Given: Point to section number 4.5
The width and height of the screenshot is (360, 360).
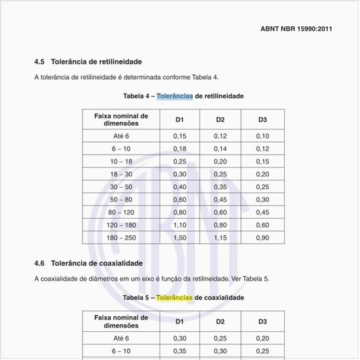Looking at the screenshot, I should tap(39, 62).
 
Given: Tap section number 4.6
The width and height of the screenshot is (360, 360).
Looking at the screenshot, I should tap(39, 263).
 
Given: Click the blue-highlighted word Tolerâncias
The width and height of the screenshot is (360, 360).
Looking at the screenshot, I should tap(175, 96).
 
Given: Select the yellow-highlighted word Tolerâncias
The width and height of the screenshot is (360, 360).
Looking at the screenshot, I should tap(175, 298).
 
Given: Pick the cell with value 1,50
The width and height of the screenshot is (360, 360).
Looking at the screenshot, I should tap(179, 238).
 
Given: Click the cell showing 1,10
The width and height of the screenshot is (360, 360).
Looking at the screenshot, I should tap(179, 225).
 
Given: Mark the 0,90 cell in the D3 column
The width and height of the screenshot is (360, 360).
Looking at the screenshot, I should tap(262, 238).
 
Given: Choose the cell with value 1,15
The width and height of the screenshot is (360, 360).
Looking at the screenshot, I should tap(221, 238).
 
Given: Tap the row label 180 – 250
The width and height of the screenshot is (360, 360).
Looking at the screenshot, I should tap(121, 238).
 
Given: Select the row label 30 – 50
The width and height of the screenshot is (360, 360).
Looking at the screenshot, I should tap(121, 187).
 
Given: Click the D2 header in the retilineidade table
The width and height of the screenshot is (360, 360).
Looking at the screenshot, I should tap(221, 119).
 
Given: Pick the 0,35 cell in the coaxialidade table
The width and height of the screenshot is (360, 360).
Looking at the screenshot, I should tap(179, 351).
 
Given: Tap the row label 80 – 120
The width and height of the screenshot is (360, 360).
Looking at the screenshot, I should tap(121, 212).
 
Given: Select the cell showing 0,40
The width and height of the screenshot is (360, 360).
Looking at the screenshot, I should tap(179, 187).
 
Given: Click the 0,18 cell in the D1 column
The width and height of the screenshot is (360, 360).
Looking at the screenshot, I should tap(179, 149).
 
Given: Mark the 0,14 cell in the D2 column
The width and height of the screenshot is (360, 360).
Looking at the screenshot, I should tap(221, 149).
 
